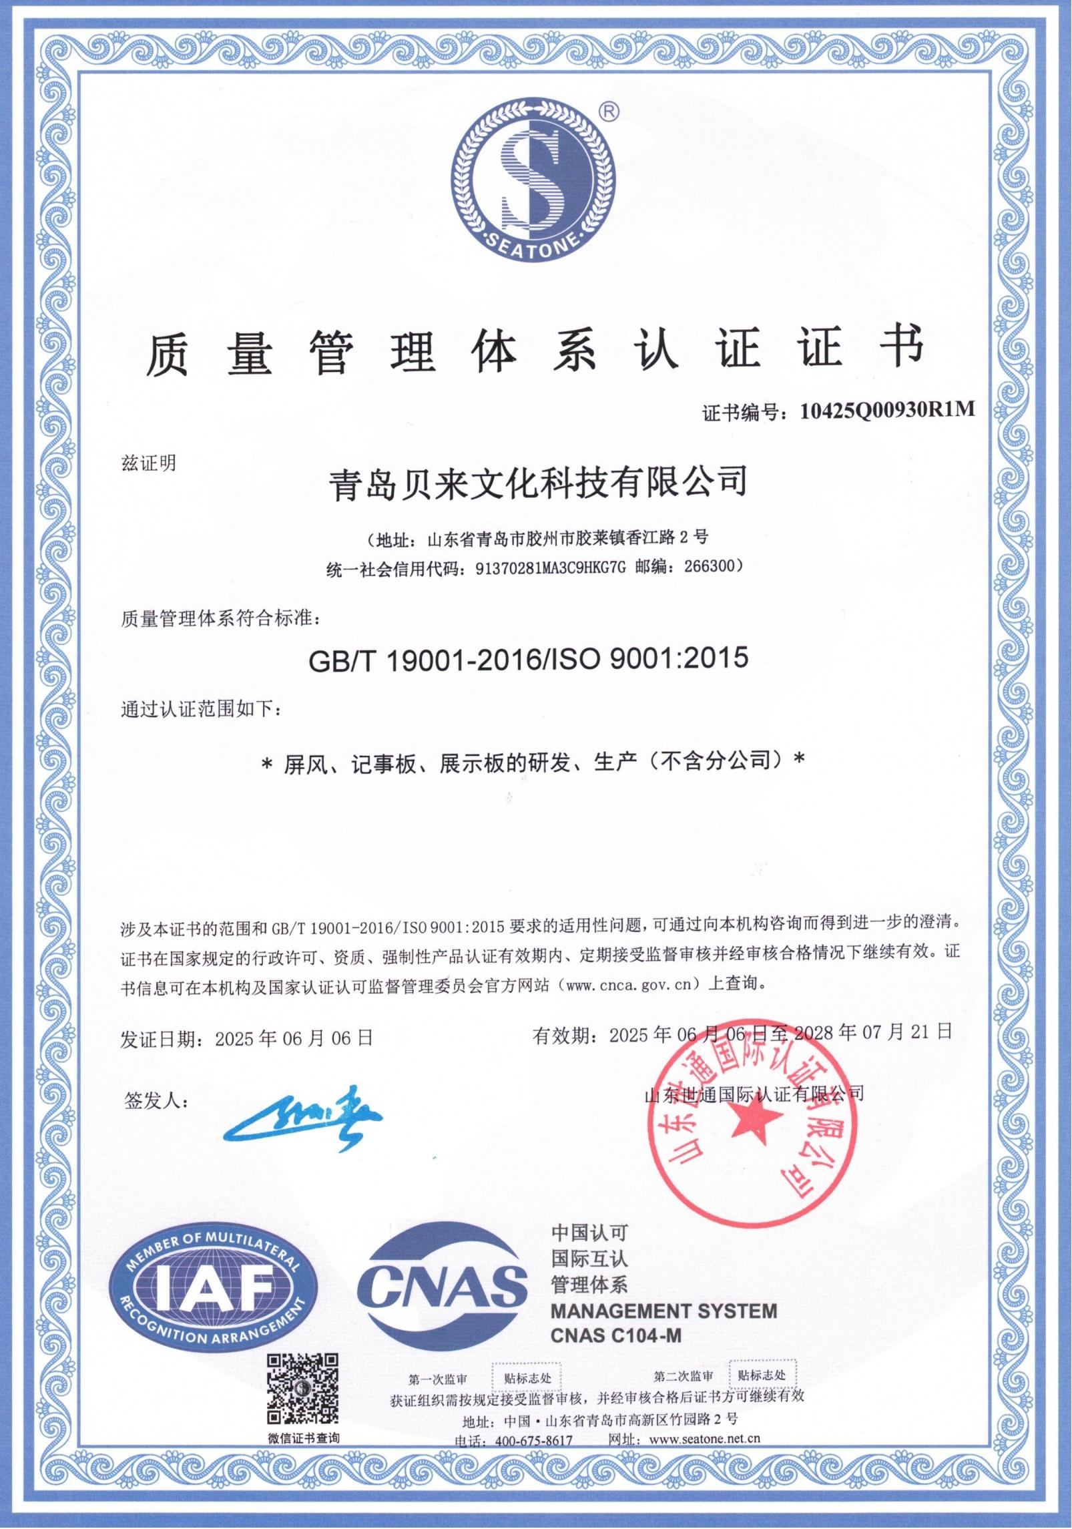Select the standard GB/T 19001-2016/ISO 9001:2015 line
(x=528, y=660)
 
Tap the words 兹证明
(x=149, y=462)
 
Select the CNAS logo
(x=441, y=1283)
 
